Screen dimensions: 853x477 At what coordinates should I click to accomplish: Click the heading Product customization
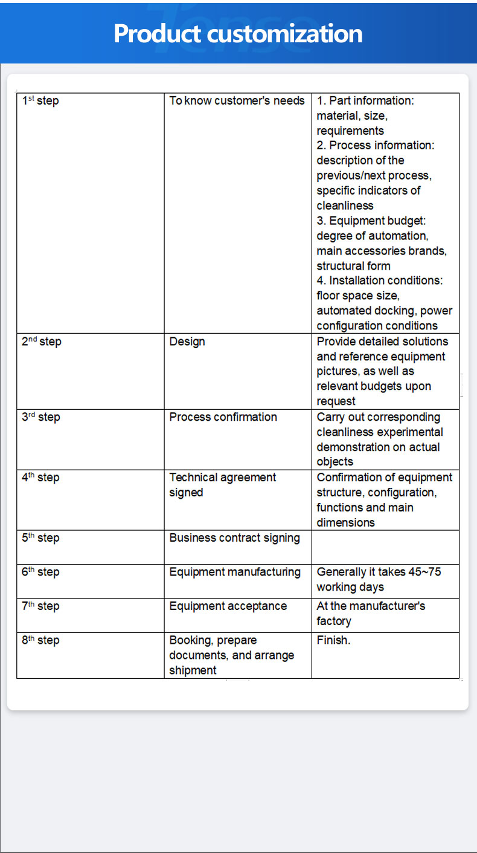coord(238,33)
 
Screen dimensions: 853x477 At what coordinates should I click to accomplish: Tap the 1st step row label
coord(40,100)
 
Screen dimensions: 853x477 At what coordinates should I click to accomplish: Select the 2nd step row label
coord(42,342)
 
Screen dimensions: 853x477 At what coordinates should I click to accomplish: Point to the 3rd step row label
coord(41,417)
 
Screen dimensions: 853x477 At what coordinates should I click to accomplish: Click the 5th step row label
coord(41,537)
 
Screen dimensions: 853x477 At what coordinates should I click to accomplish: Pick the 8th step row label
coord(41,640)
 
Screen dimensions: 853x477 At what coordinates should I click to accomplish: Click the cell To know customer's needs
coord(237,100)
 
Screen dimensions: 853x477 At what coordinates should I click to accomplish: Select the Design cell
coord(187,342)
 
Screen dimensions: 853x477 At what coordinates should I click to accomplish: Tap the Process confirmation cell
coord(223,417)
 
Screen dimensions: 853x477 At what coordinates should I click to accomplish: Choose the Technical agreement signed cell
coord(222,485)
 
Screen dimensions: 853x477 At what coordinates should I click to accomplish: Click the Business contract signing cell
coord(234,538)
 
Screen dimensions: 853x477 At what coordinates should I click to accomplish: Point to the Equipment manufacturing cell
coord(235,572)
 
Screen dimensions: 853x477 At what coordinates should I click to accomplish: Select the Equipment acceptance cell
coord(228,606)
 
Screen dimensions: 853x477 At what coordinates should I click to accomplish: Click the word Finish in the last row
coord(333,640)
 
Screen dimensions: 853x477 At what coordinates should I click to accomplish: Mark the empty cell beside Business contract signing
coord(385,547)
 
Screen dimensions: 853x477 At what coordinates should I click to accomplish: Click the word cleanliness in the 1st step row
coord(345,206)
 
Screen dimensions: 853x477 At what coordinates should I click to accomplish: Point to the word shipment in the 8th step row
coord(193,670)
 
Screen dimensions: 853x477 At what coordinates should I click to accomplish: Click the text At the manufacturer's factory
coord(371,613)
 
